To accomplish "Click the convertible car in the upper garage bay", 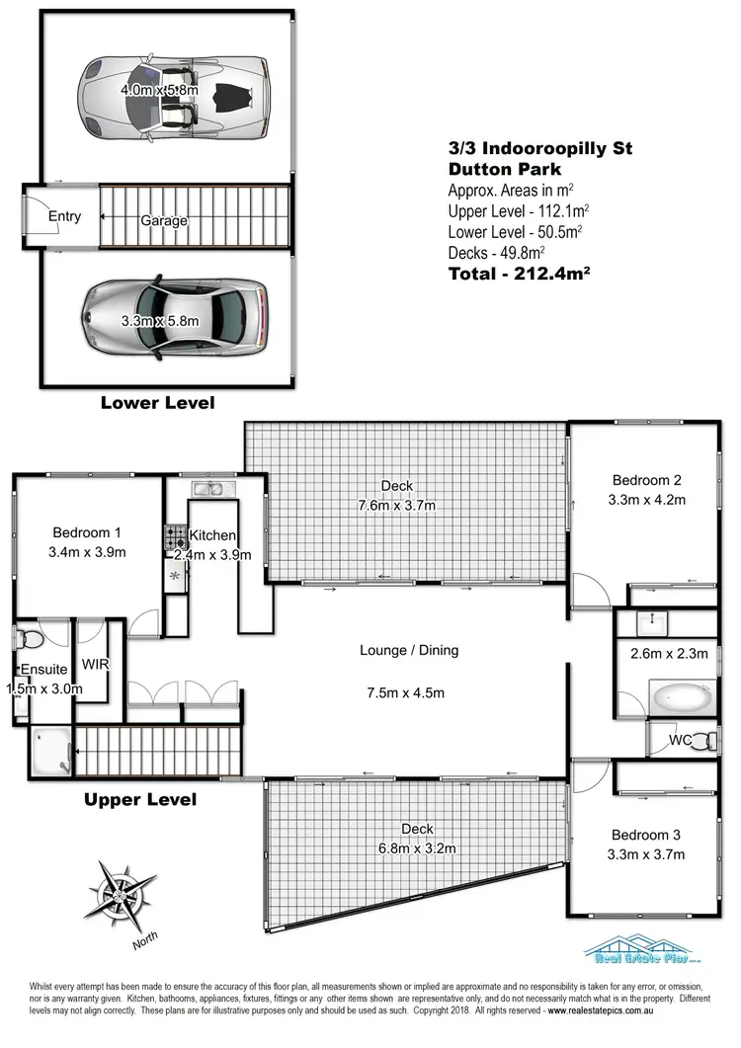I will pos(173,90).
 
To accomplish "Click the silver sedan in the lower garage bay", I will pos(173,319).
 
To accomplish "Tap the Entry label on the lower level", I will pos(64,217).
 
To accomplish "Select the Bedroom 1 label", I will pos(88,532).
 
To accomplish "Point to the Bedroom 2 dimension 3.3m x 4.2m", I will pos(648,500).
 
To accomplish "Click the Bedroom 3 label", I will pos(648,833).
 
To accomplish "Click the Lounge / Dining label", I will pos(409,650).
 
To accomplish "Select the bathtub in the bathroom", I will pos(679,696).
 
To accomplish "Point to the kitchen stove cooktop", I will pos(175,537).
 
